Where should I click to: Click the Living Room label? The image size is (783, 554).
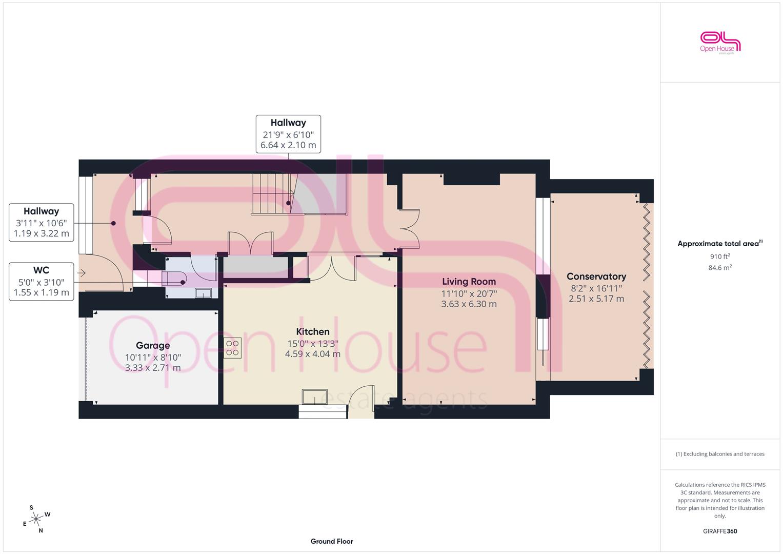pyautogui.click(x=469, y=282)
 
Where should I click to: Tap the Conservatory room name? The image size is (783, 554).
pyautogui.click(x=596, y=276)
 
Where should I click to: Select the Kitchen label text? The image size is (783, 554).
pyautogui.click(x=312, y=331)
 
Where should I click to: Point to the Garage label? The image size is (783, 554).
pyautogui.click(x=153, y=346)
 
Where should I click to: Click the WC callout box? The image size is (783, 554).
pyautogui.click(x=41, y=282)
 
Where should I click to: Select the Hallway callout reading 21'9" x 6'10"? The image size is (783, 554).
pyautogui.click(x=288, y=134)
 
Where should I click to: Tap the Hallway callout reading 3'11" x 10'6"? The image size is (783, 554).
pyautogui.click(x=41, y=223)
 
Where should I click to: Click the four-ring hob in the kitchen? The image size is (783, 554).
pyautogui.click(x=232, y=348)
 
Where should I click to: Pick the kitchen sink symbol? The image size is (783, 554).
pyautogui.click(x=315, y=397)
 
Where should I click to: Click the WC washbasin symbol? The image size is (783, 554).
pyautogui.click(x=203, y=293)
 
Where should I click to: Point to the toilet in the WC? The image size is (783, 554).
pyautogui.click(x=174, y=279)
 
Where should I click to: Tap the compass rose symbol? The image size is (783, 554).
pyautogui.click(x=36, y=519)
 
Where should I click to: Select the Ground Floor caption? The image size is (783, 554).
pyautogui.click(x=332, y=541)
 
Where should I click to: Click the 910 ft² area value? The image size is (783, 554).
pyautogui.click(x=720, y=256)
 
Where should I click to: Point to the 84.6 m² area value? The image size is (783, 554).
pyautogui.click(x=720, y=268)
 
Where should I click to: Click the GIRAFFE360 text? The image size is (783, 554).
pyautogui.click(x=720, y=531)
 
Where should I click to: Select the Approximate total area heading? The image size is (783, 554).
pyautogui.click(x=720, y=244)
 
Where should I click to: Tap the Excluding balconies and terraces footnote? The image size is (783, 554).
pyautogui.click(x=720, y=454)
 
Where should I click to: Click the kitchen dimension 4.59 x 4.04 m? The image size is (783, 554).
pyautogui.click(x=312, y=354)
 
